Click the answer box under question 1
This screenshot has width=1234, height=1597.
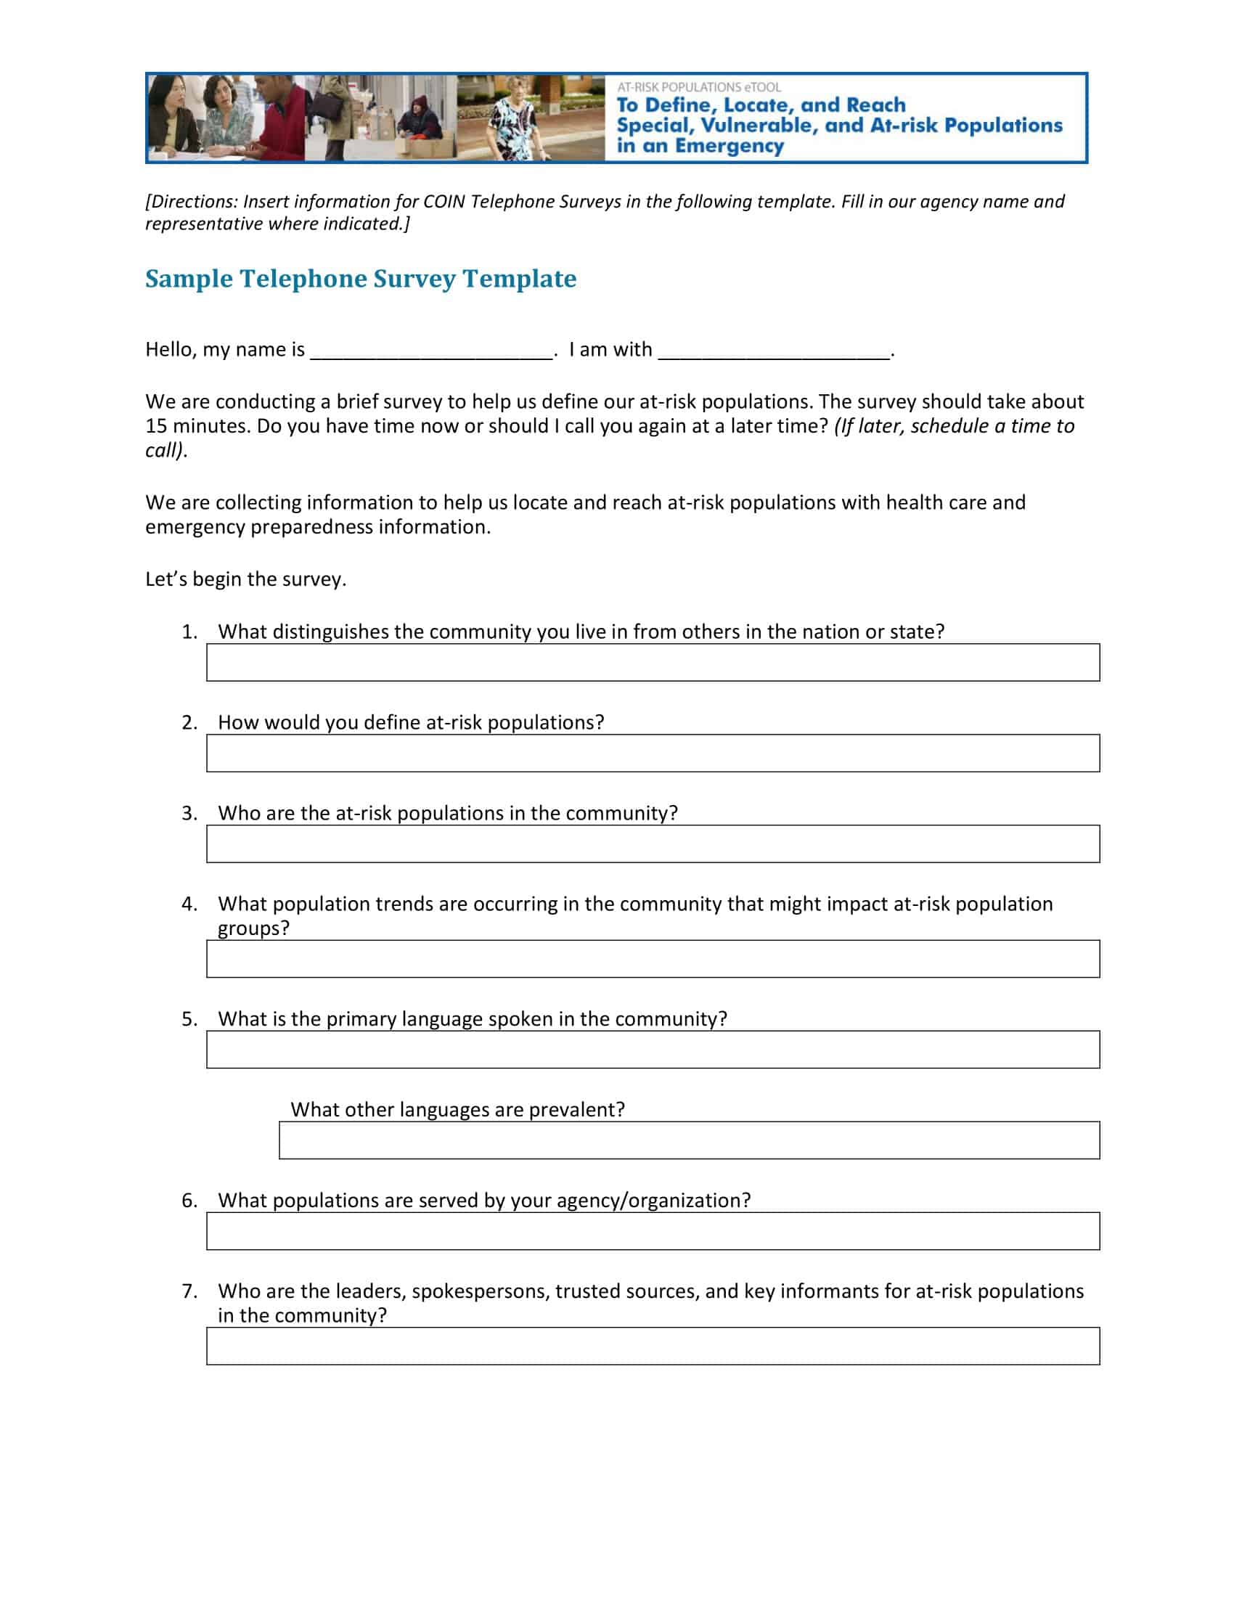click(652, 663)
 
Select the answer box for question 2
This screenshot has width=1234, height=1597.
click(652, 753)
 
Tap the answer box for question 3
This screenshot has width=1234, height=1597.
click(652, 844)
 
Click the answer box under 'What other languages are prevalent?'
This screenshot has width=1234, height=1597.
click(689, 1140)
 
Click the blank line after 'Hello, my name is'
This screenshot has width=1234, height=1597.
click(431, 352)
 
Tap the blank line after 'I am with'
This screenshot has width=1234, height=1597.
click(774, 352)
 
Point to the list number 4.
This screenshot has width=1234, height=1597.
click(189, 904)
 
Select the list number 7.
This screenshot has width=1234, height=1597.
click(189, 1291)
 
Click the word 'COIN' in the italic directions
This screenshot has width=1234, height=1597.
click(444, 202)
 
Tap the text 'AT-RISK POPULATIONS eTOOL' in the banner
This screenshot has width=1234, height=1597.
click(699, 87)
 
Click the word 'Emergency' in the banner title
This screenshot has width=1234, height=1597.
click(729, 145)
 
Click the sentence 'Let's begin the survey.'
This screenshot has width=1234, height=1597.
click(245, 579)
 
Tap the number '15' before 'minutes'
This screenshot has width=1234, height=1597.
click(157, 426)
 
